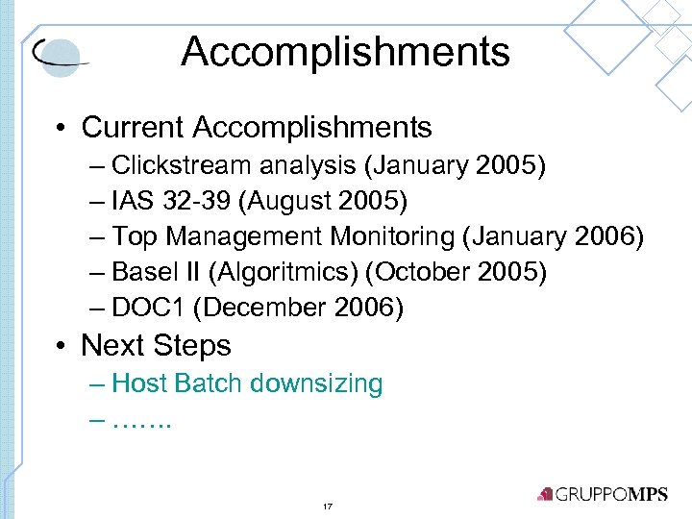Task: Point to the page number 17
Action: pyautogui.click(x=328, y=506)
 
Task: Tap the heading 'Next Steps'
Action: pyautogui.click(x=156, y=345)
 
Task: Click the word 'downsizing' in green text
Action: pyautogui.click(x=316, y=383)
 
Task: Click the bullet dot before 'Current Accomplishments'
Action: pyautogui.click(x=61, y=127)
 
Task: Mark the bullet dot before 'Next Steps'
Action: pyautogui.click(x=61, y=345)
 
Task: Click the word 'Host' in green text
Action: pyautogui.click(x=140, y=383)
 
